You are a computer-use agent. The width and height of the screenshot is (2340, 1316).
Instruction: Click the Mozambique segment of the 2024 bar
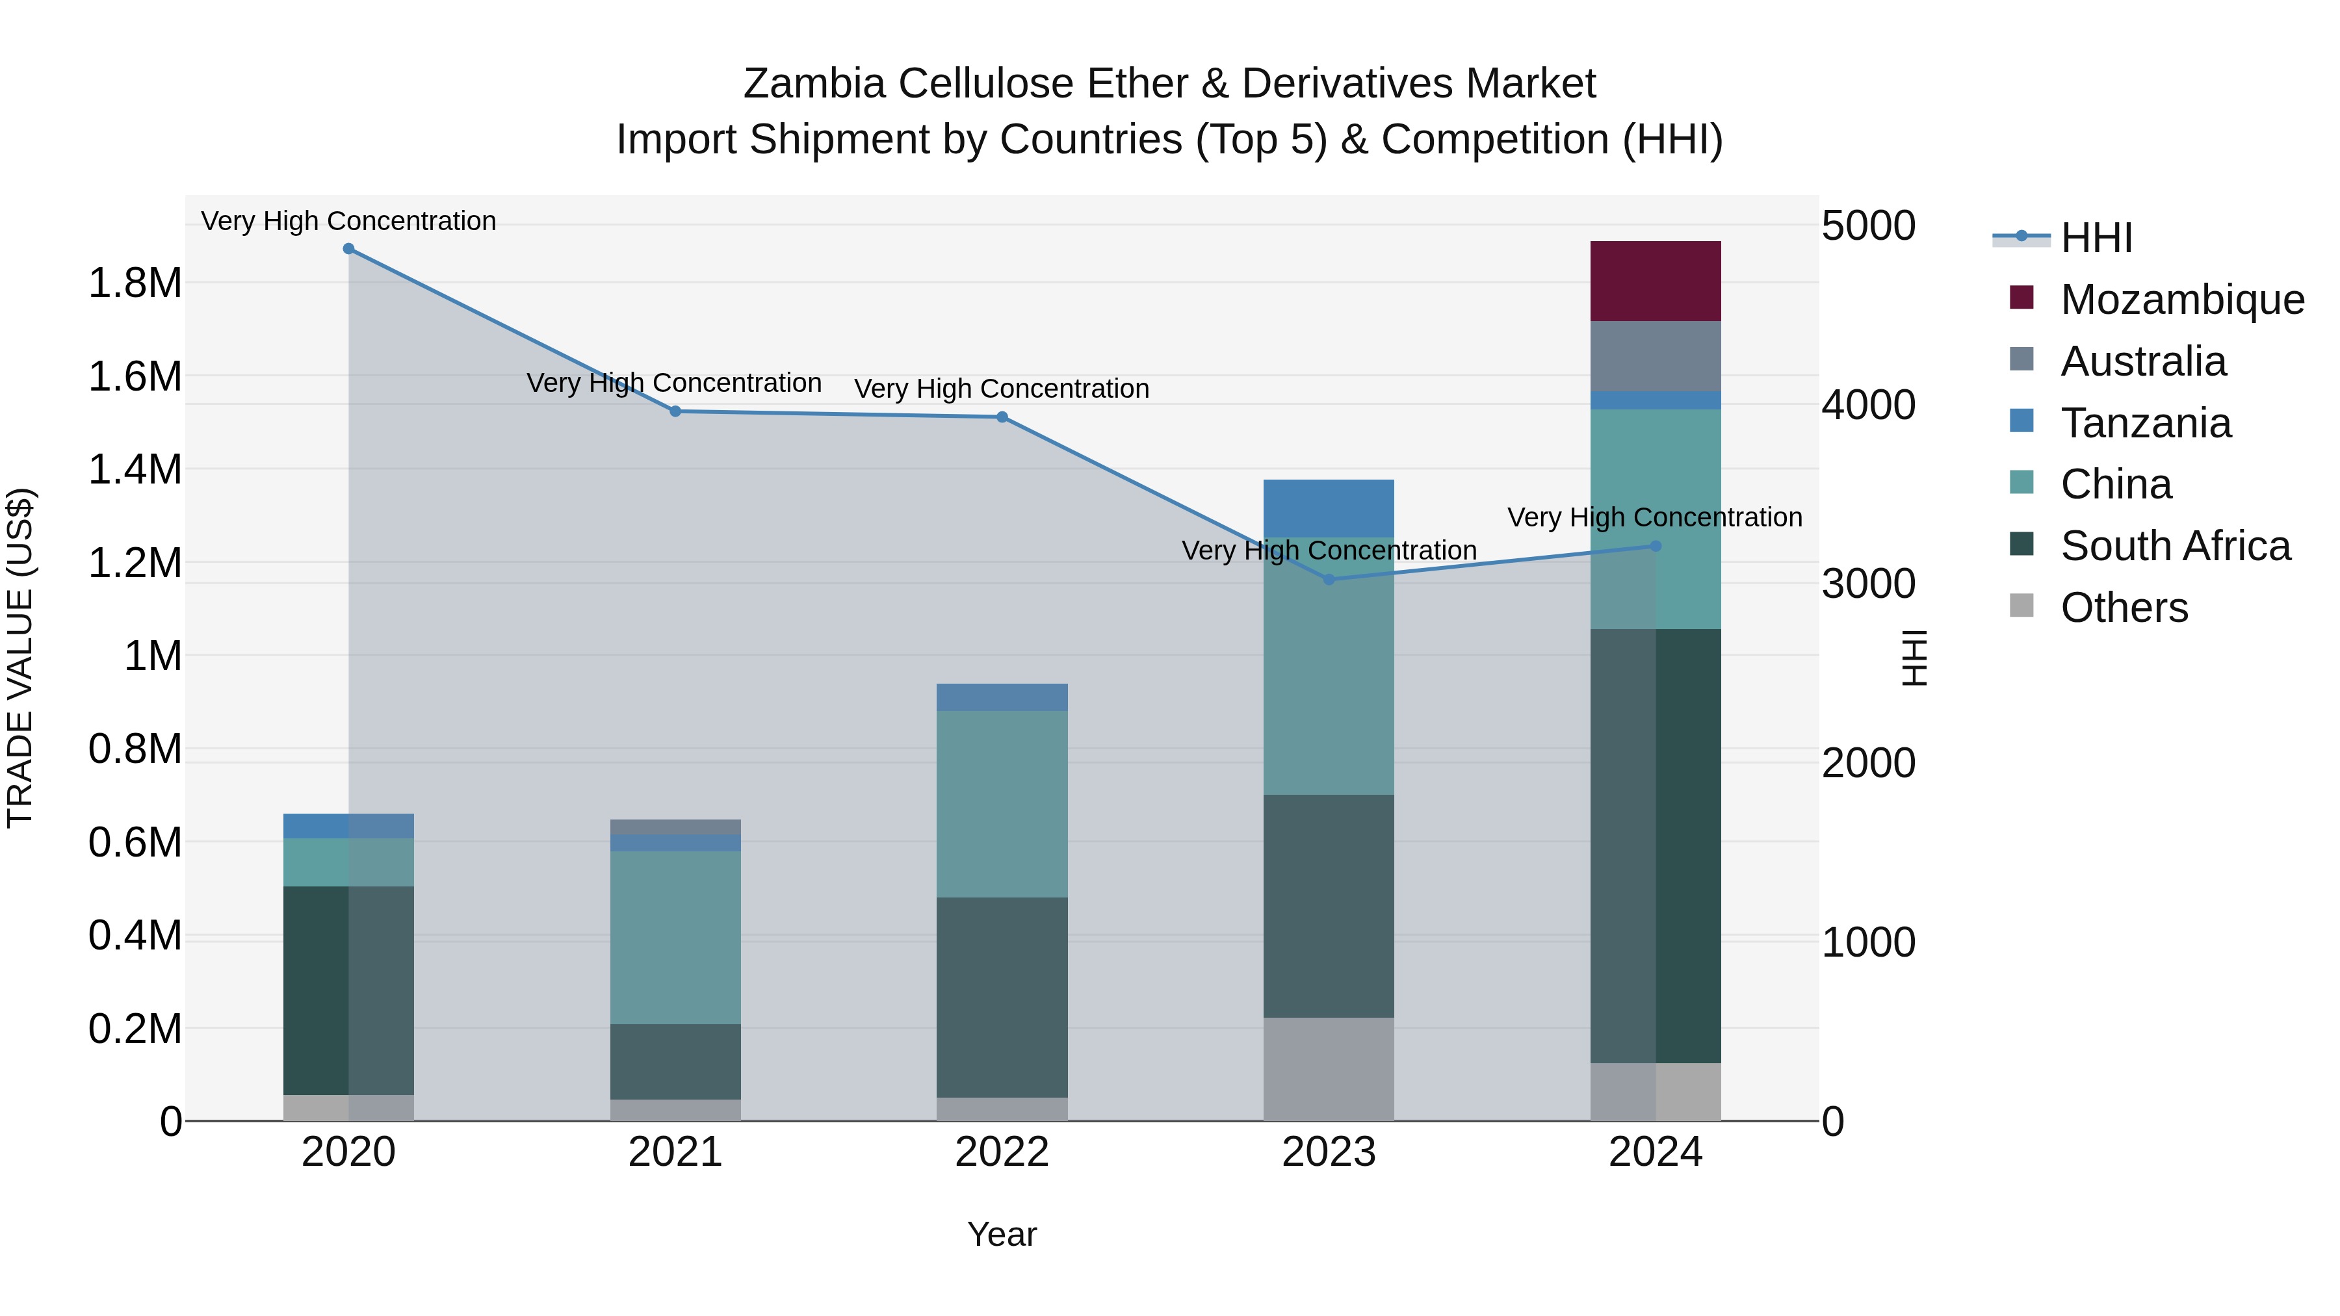(1655, 281)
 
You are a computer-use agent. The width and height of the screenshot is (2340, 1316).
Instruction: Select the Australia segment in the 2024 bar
(1655, 356)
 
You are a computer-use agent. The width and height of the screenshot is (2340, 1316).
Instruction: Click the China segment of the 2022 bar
(1002, 804)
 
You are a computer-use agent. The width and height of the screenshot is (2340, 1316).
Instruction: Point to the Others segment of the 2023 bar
(1328, 1069)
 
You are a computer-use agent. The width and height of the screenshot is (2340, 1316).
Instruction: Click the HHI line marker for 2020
(349, 249)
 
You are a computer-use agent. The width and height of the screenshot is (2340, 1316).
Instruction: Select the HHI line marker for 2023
(1329, 580)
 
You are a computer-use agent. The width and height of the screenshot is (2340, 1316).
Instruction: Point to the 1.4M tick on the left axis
(135, 471)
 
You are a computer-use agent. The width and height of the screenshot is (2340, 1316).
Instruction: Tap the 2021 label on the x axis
(675, 1152)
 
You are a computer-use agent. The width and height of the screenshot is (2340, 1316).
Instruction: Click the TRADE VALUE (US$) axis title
(21, 658)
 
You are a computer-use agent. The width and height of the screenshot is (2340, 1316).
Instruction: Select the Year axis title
(1002, 1234)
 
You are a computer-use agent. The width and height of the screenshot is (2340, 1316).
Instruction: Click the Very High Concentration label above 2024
(1654, 518)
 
